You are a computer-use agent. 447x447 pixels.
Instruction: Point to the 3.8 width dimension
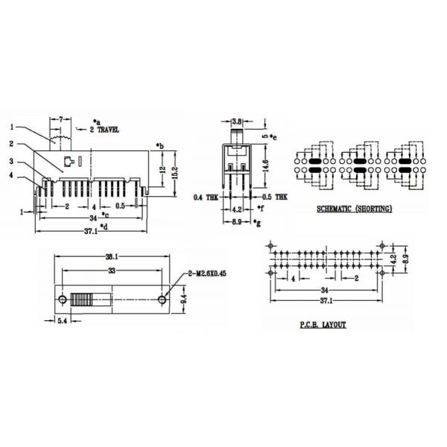tap(236, 121)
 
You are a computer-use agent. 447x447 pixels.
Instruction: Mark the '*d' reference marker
tap(104, 225)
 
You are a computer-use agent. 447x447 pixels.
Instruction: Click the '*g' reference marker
tap(256, 223)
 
